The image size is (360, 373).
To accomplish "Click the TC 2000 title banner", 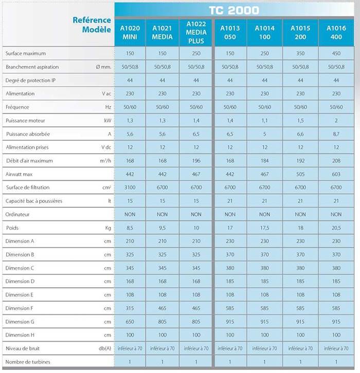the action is [234, 10].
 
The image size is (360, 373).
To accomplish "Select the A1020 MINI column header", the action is [130, 32].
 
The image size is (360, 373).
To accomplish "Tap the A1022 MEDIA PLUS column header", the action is [196, 32].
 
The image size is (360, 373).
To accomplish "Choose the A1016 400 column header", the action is [336, 32].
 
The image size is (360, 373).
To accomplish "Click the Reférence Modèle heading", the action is [92, 25].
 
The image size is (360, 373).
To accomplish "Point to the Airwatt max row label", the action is [19, 174].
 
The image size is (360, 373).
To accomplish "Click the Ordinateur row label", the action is [17, 214].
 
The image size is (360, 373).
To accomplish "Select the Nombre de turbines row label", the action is [28, 362].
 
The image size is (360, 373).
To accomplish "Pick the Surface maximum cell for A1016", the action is [336, 53].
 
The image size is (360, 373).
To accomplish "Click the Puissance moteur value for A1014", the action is [264, 121].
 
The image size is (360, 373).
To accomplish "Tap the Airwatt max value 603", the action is [336, 174].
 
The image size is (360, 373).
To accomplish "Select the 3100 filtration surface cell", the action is [130, 188].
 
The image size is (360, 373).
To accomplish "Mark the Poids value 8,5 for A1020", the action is [130, 228].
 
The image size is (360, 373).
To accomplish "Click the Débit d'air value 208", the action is [336, 161].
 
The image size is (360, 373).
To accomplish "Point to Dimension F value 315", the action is [130, 308].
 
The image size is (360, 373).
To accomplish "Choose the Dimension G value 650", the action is [130, 322].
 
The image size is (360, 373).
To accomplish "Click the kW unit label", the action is [107, 121].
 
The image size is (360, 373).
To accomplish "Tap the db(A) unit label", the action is [105, 348].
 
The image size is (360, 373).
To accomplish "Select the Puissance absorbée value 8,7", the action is [336, 134].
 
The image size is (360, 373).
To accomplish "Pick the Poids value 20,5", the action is [336, 228].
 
